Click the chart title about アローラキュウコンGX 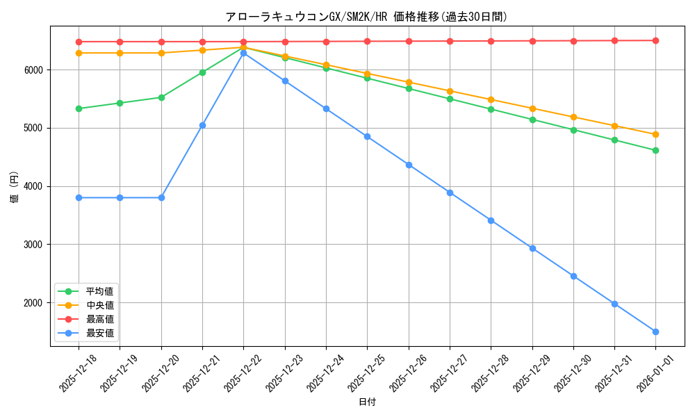tap(366, 17)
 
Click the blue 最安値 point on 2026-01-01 tap(655, 332)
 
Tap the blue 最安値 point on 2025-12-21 tap(202, 125)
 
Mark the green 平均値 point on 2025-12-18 tap(79, 108)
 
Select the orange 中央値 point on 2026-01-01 tap(655, 134)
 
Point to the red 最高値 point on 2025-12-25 tap(367, 41)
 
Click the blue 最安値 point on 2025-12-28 tap(491, 220)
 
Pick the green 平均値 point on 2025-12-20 tap(161, 97)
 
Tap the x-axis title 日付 tap(367, 402)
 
